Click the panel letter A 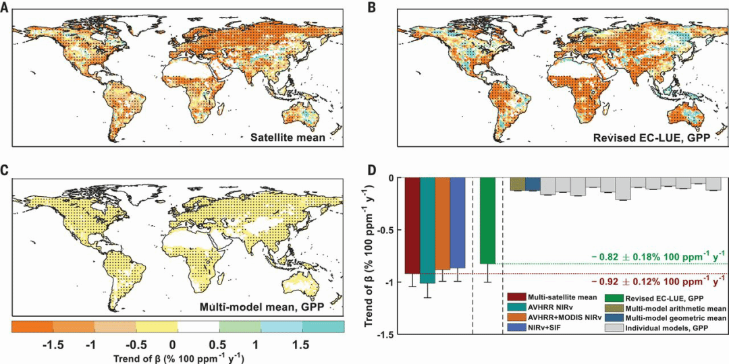point(6,7)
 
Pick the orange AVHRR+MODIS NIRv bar point(442,223)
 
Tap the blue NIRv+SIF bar point(458,222)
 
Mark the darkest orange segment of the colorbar point(32,326)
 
